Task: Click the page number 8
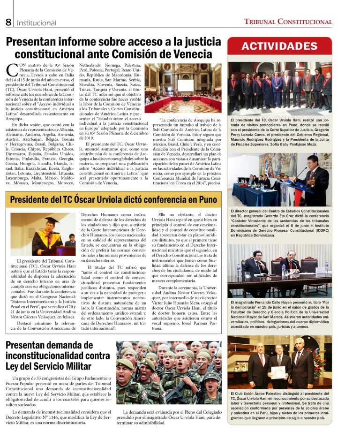8,22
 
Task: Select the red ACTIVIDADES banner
279,46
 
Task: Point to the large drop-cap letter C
12,70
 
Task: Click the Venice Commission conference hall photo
183,88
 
